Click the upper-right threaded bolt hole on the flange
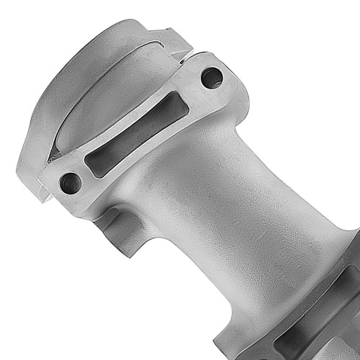211,77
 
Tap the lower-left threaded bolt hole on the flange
71,183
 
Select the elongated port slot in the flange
137,134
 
